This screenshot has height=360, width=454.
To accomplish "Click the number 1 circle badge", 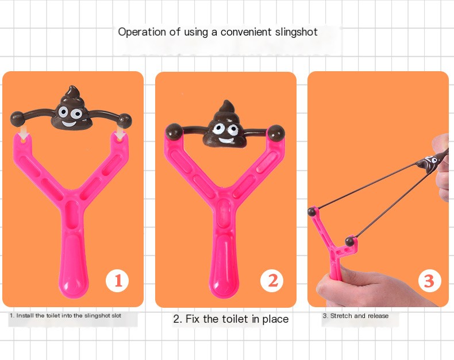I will pos(117,281).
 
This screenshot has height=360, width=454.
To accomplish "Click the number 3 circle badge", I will pos(428,281).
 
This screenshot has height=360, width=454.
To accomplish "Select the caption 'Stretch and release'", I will pos(355,316).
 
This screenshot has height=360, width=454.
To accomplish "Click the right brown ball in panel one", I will pos(125,121).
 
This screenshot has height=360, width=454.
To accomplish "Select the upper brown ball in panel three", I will pos(312,212).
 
